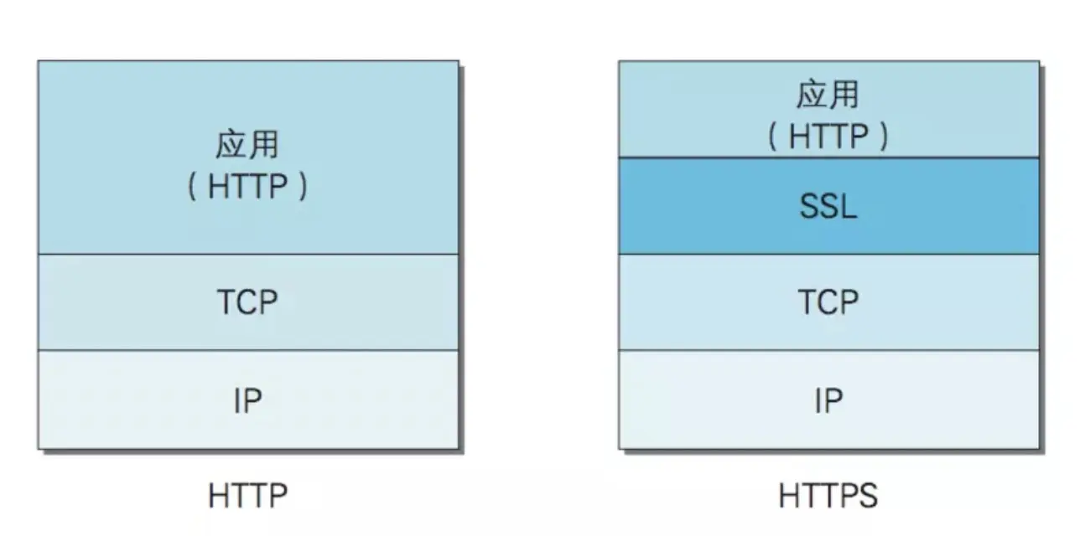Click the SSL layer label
(x=828, y=206)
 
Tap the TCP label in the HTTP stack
(x=247, y=302)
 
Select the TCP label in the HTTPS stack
(x=828, y=302)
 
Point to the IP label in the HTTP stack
(x=247, y=401)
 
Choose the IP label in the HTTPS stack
(x=828, y=401)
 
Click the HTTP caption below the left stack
(x=247, y=497)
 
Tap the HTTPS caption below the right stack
(x=828, y=497)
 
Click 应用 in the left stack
(x=247, y=146)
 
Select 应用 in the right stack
(x=828, y=95)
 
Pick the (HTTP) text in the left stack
(x=247, y=186)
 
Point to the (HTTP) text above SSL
(x=828, y=136)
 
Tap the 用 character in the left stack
(x=263, y=146)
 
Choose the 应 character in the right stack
(x=813, y=95)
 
